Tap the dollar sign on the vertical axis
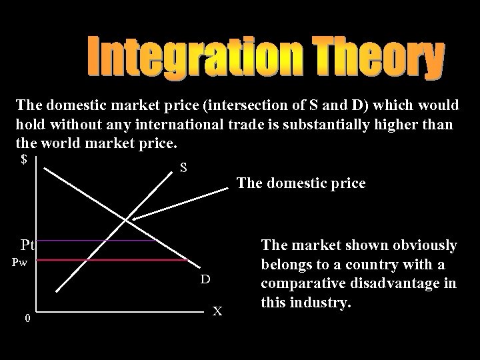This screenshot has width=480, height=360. click(25, 160)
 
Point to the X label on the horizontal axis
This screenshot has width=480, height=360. click(217, 310)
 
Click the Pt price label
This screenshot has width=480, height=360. click(28, 244)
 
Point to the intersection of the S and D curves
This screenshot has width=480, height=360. click(128, 219)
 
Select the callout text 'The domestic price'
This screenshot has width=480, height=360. click(301, 183)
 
